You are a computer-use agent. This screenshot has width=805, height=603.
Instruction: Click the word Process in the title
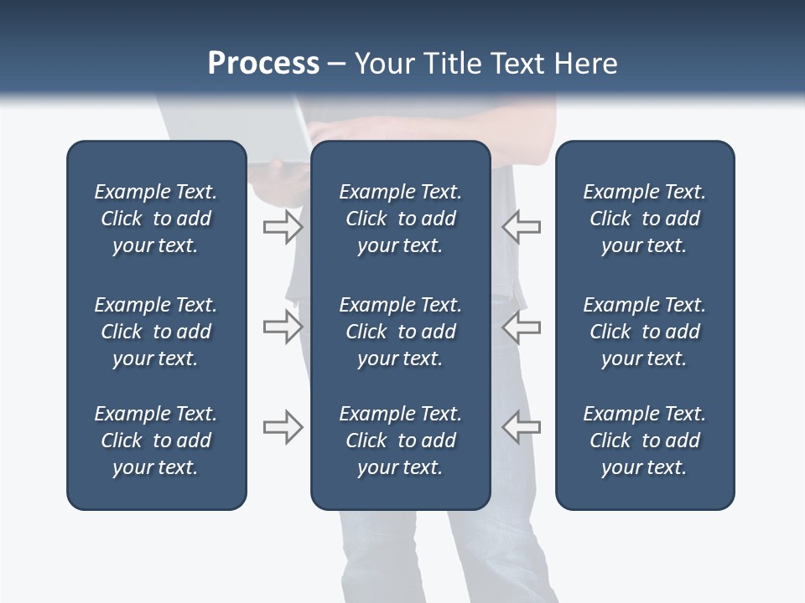pos(263,64)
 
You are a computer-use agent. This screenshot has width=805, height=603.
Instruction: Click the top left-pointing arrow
pos(521,226)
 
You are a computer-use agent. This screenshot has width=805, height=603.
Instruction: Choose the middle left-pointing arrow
pos(521,327)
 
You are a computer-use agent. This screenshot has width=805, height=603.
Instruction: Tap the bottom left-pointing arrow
pos(521,427)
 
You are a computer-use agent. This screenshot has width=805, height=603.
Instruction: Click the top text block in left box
pos(156,219)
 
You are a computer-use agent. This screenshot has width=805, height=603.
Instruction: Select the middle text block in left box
pos(156,332)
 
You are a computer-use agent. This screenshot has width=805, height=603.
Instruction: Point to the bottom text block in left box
pos(156,441)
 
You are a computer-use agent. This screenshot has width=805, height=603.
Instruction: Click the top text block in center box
pos(400,219)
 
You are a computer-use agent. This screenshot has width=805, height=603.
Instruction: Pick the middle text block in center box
pos(400,332)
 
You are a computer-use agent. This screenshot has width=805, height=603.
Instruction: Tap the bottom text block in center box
pos(400,441)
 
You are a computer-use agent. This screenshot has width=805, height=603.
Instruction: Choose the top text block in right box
pos(644,219)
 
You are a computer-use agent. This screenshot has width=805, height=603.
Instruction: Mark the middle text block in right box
pos(644,332)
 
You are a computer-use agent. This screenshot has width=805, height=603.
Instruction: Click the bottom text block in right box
pos(644,441)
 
